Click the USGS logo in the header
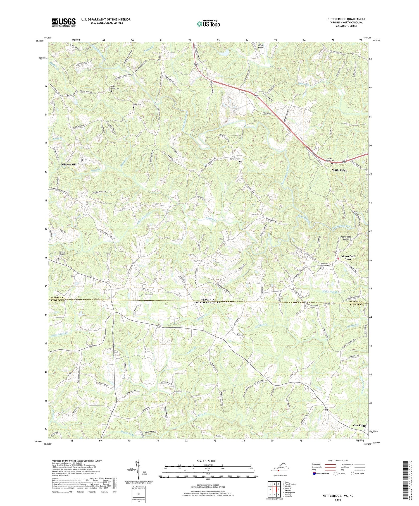coord(63,22)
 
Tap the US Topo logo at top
coord(208,24)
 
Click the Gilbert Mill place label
coord(69,165)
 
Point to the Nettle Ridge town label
coord(339,170)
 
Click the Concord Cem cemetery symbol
coord(240,161)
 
